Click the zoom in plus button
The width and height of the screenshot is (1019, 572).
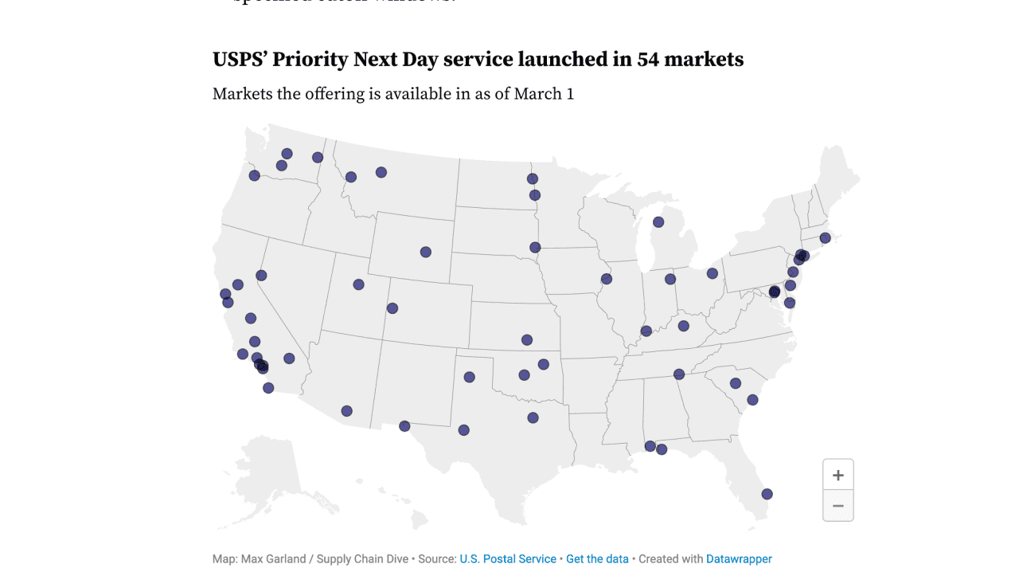pyautogui.click(x=837, y=476)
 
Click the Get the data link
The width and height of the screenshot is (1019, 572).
pyautogui.click(x=597, y=559)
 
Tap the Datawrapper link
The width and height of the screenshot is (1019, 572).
pyautogui.click(x=739, y=559)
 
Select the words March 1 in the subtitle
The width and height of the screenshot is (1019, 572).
pyautogui.click(x=544, y=94)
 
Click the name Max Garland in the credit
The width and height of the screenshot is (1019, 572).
pyautogui.click(x=274, y=559)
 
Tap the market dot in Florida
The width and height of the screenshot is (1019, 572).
pyautogui.click(x=767, y=494)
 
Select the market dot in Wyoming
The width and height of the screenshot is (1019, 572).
pyautogui.click(x=426, y=253)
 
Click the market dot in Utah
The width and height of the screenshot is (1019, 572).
pyautogui.click(x=359, y=284)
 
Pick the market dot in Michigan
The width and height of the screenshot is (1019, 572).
pyautogui.click(x=658, y=222)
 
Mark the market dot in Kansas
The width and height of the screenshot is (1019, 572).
pyautogui.click(x=527, y=340)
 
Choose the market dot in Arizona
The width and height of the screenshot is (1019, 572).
pyautogui.click(x=347, y=411)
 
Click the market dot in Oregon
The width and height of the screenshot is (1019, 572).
pyautogui.click(x=255, y=175)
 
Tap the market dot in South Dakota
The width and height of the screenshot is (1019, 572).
pyautogui.click(x=535, y=248)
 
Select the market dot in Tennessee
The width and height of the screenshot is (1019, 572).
pyautogui.click(x=679, y=374)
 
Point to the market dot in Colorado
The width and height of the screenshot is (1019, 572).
pyautogui.click(x=392, y=308)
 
